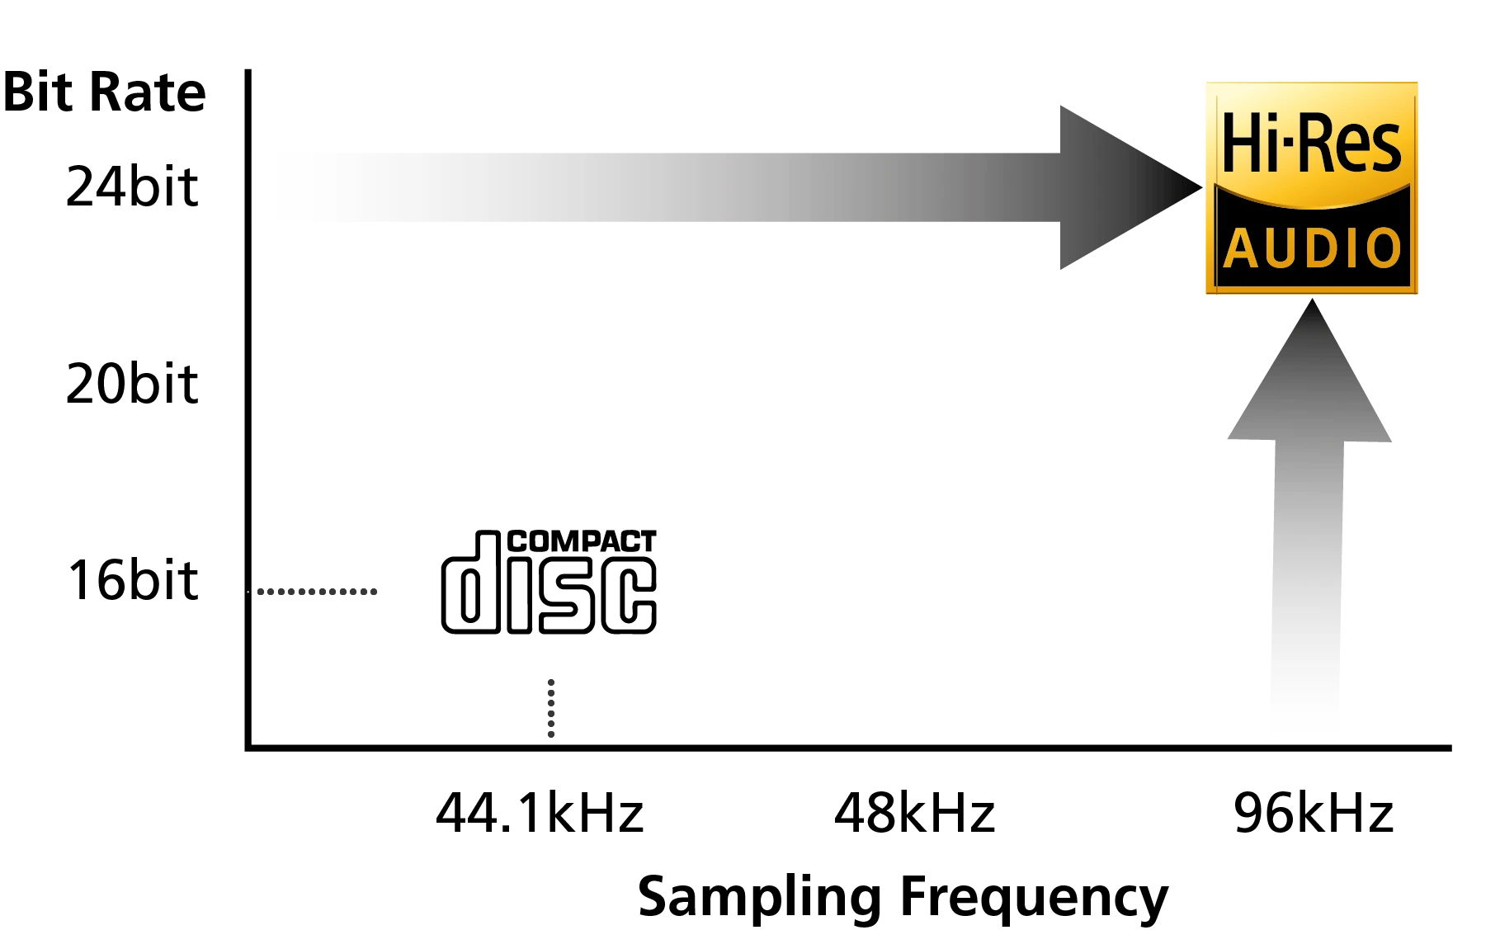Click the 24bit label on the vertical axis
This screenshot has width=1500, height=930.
pos(132,186)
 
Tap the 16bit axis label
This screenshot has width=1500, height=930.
pos(132,579)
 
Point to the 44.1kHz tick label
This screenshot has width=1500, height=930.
pos(540,813)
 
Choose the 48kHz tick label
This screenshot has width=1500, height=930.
pos(914,813)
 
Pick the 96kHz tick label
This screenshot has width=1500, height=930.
pos(1314,813)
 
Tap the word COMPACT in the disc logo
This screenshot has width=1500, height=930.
pos(582,541)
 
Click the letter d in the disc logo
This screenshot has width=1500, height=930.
pos(471,583)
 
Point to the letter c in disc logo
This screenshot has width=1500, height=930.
pos(629,595)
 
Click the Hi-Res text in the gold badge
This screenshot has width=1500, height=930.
pos(1311,144)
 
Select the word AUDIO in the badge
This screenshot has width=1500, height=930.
pos(1312,248)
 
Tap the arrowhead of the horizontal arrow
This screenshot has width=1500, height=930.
pos(1130,187)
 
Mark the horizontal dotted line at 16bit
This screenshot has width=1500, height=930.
pos(318,591)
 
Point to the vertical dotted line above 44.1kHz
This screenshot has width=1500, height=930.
pos(551,708)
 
